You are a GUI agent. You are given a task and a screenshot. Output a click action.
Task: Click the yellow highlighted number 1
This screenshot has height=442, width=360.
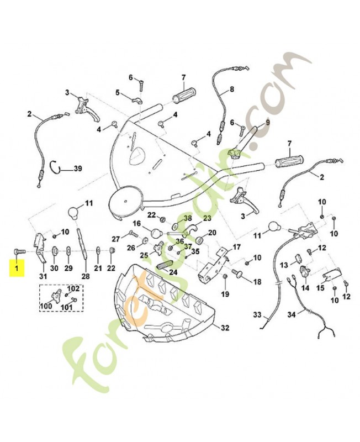(17, 267)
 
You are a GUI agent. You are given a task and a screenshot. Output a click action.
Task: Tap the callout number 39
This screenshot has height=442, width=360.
(78, 169)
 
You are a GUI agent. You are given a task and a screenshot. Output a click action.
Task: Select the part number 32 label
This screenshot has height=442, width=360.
(225, 328)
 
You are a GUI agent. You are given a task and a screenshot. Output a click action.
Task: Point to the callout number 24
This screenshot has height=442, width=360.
(173, 272)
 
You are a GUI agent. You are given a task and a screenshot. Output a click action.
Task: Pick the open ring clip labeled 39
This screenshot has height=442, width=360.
(56, 169)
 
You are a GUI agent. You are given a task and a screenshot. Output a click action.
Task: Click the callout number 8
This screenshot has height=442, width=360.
(232, 90)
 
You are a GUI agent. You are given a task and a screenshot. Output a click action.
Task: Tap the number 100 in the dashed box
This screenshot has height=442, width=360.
(46, 306)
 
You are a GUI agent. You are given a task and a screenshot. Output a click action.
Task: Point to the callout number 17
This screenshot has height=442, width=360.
(237, 247)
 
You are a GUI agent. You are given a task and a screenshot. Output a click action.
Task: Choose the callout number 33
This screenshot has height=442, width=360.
(257, 314)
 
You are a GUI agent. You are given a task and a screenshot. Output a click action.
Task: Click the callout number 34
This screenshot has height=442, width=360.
(292, 314)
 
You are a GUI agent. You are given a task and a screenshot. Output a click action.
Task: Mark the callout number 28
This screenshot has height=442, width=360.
(86, 277)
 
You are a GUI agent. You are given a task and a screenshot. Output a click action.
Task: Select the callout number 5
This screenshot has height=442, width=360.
(118, 92)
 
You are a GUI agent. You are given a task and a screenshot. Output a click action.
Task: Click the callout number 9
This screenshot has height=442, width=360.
(267, 122)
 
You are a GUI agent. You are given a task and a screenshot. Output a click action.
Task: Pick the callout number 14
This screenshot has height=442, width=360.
(305, 288)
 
